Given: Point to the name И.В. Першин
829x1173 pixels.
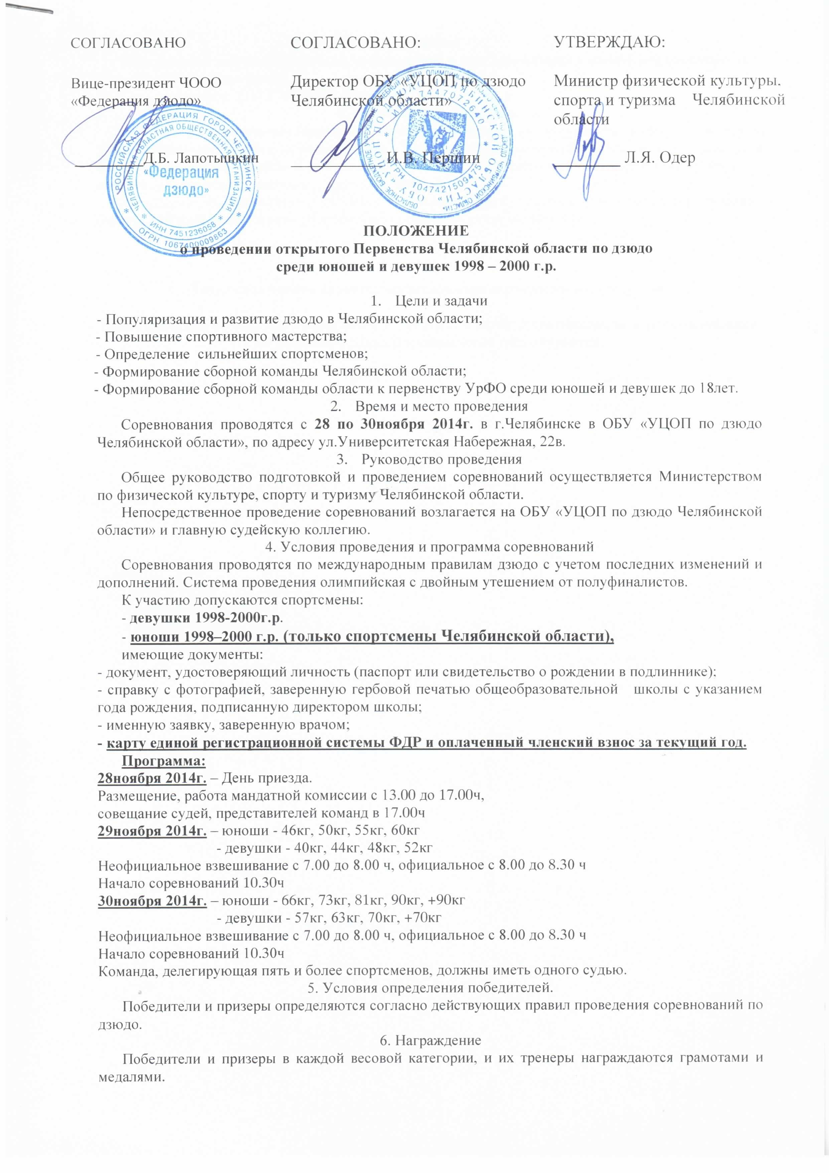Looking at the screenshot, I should point(433,158).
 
